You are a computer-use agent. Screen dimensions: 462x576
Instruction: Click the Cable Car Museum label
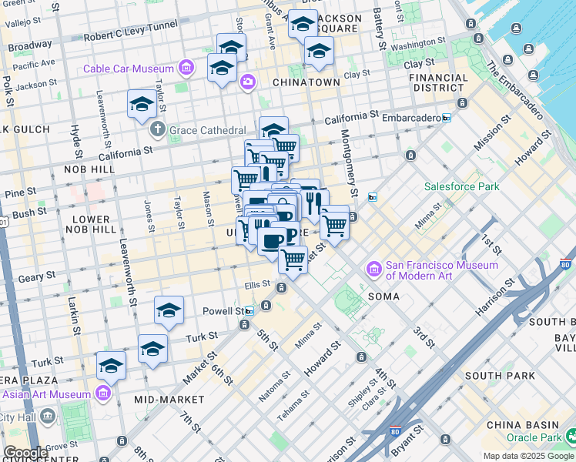(129, 69)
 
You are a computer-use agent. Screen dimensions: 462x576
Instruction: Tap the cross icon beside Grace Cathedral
(158, 129)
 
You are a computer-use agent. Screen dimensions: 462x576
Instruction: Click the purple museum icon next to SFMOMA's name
(375, 269)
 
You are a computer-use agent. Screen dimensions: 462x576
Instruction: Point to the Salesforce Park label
(461, 186)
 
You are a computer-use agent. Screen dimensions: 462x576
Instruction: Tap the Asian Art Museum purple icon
(103, 394)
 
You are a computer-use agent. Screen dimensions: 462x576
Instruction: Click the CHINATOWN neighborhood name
(306, 82)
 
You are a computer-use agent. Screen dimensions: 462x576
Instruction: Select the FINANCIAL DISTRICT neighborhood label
(437, 82)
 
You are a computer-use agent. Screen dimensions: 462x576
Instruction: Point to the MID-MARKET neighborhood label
(169, 400)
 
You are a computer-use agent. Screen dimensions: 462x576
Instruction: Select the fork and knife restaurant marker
(314, 203)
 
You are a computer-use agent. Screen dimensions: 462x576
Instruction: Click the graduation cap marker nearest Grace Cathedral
(142, 104)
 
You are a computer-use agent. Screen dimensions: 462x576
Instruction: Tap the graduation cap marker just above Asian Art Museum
(111, 366)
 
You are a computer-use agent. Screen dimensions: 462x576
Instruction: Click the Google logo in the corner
(25, 453)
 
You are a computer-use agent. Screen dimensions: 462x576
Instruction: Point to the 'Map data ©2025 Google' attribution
(529, 456)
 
